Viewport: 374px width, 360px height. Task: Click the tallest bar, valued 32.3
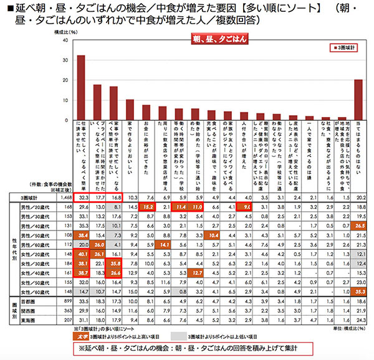tap(81, 87)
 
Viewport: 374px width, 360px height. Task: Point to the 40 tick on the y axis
tap(65, 40)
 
